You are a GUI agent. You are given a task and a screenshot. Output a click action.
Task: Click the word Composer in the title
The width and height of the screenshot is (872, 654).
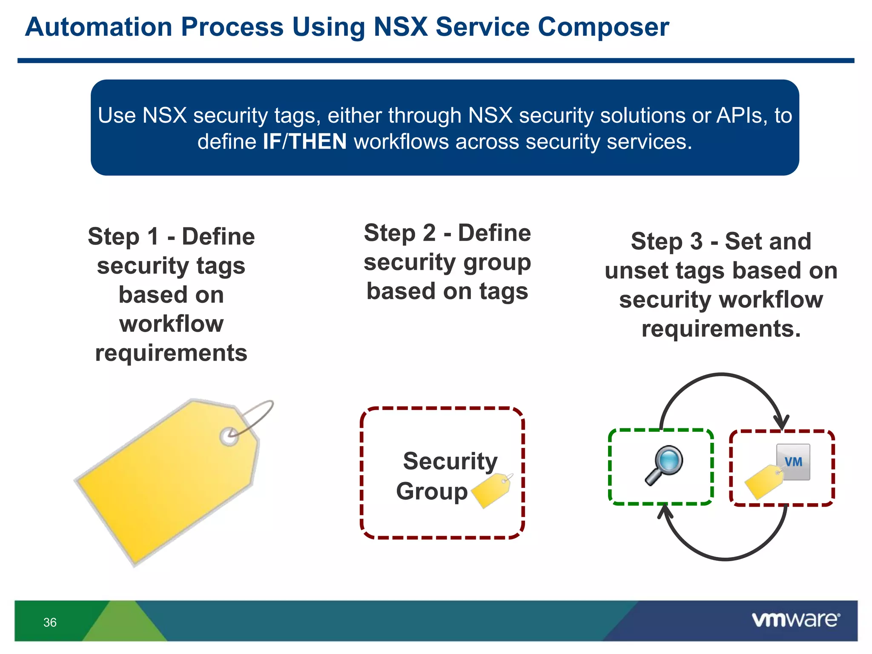point(603,27)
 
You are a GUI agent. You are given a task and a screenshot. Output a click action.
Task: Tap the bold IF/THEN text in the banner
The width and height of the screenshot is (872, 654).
point(304,141)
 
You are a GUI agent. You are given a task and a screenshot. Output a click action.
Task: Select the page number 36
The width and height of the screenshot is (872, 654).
point(50,622)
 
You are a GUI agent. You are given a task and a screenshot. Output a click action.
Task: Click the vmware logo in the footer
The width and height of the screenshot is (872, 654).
point(795,620)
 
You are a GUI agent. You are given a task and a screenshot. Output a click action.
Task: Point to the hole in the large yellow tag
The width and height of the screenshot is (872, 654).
point(229,436)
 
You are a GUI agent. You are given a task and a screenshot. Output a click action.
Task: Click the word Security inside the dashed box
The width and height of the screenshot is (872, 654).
point(450,461)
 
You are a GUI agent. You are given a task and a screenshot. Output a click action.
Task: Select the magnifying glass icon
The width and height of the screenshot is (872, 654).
point(664,465)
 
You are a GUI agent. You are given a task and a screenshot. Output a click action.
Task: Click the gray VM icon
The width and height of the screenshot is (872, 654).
point(794,462)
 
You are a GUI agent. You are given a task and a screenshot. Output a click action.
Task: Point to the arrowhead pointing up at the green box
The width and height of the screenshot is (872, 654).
point(665,511)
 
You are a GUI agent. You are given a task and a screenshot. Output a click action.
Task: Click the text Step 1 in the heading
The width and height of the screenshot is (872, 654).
point(123,237)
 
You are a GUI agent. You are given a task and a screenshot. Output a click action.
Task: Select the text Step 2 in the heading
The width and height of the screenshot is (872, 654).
point(399,233)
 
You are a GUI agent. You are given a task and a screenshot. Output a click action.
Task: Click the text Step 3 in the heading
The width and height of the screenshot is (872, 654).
point(666,241)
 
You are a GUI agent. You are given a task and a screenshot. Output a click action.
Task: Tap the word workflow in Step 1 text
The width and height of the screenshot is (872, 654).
point(171,324)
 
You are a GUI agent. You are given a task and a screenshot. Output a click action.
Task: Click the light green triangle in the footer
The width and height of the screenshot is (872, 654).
point(123,624)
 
